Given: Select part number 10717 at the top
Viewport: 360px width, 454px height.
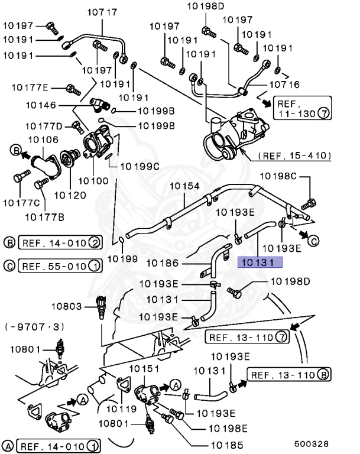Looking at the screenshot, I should (103, 11).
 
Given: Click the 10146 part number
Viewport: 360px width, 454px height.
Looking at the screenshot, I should (41, 106).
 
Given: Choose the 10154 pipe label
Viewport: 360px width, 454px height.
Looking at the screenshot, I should (185, 186).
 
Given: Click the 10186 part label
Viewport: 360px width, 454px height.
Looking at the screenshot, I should (162, 262).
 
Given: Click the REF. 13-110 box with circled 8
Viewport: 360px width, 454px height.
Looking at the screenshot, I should (289, 374).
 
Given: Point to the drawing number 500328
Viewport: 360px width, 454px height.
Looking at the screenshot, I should (311, 443).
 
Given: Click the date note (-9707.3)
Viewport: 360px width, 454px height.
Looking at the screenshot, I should (34, 326).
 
